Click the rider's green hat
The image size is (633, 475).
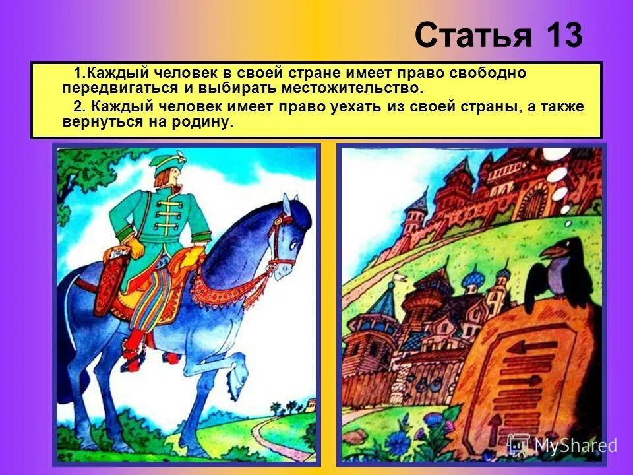click(167, 163)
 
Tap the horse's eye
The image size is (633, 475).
click(294, 243)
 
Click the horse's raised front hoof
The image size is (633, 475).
click(237, 379)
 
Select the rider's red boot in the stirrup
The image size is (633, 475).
click(134, 350)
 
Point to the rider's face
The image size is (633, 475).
click(174, 177)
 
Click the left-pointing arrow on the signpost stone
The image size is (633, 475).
click(531, 346)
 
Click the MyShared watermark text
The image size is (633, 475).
click(575, 445)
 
